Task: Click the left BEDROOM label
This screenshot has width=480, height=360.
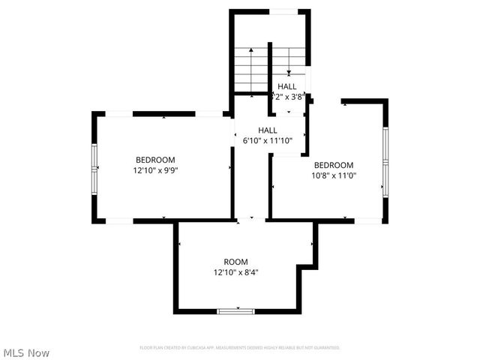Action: [155, 160]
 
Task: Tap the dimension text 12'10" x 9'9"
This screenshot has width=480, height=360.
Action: [155, 170]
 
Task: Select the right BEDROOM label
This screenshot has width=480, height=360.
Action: [333, 166]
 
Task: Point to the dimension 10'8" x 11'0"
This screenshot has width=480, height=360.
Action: [334, 176]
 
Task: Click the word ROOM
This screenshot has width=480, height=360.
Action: [235, 262]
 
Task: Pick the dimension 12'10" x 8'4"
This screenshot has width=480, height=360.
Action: [236, 272]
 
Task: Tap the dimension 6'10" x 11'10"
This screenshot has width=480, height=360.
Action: [267, 140]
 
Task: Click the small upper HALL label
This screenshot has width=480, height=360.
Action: [287, 86]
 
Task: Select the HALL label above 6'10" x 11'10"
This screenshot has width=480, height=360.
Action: [268, 130]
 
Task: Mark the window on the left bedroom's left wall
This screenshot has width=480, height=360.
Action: [94, 169]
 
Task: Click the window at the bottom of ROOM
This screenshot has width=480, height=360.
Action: [235, 310]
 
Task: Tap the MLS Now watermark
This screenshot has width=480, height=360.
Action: [26, 352]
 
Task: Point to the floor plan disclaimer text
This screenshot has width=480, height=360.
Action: [240, 348]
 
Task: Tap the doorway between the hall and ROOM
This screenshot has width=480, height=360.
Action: [250, 220]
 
